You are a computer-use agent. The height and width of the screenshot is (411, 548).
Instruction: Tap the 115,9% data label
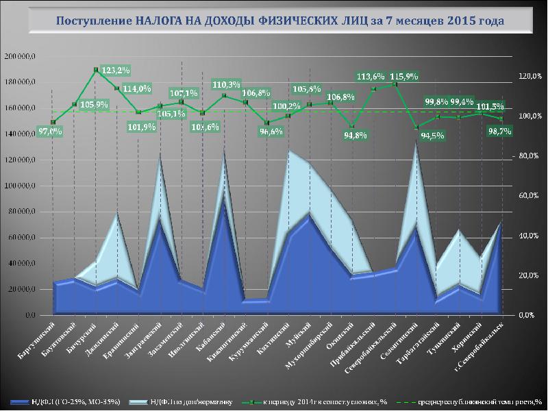404,75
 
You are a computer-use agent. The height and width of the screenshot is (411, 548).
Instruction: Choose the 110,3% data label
227,85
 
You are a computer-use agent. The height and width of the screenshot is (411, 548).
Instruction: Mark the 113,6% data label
371,76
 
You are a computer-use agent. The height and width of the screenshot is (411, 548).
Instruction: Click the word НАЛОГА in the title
158,21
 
